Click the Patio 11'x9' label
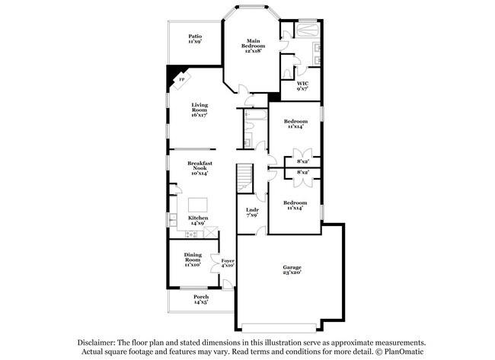(x=196, y=39)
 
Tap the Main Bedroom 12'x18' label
(x=253, y=46)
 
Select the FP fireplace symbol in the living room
(x=180, y=78)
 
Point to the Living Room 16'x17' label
(x=200, y=111)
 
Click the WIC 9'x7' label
(x=302, y=86)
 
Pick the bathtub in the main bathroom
(x=308, y=31)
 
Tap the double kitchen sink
(x=174, y=219)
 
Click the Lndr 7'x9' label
(x=252, y=213)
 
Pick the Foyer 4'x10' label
(x=227, y=263)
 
